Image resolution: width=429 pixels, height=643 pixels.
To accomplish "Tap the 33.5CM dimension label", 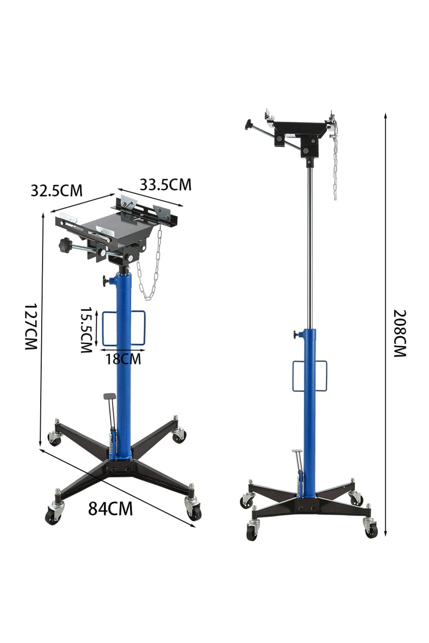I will click(x=165, y=185).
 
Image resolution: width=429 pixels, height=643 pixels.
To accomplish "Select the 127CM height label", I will click(x=31, y=327).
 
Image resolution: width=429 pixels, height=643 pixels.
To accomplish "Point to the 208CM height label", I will click(x=399, y=333).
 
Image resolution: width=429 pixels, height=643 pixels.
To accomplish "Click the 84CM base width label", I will click(x=110, y=508).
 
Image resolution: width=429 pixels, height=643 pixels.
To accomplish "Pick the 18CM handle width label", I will click(x=123, y=358).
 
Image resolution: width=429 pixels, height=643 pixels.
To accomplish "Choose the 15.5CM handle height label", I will click(x=87, y=330).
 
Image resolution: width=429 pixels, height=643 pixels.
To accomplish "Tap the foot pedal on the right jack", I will click(x=296, y=452).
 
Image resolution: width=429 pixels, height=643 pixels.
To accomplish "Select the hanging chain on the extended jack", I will click(x=335, y=163).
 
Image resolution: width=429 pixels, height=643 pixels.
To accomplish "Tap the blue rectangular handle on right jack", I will click(x=310, y=376).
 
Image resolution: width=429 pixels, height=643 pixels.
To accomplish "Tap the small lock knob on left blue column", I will click(x=106, y=281).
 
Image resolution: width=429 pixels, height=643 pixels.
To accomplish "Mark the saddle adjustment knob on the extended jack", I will click(x=248, y=125).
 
